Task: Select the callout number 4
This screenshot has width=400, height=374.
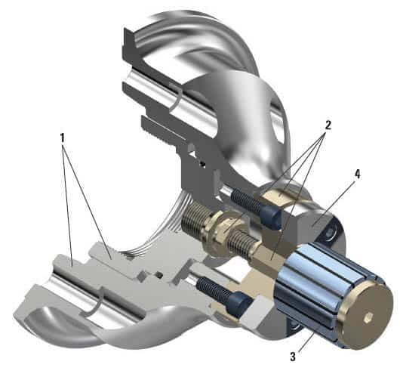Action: (356, 175)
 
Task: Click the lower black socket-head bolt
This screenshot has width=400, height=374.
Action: (223, 295)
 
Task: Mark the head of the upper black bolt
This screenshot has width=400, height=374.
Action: (273, 216)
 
